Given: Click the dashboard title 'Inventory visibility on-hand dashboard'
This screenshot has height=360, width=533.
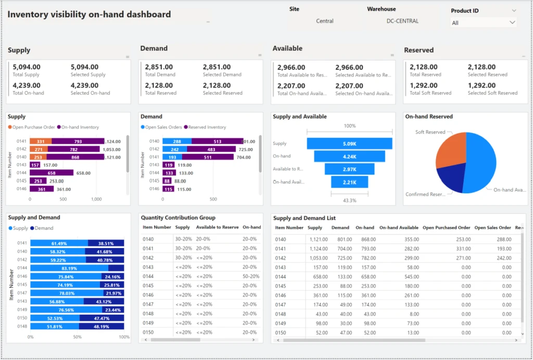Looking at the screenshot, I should pos(89,15).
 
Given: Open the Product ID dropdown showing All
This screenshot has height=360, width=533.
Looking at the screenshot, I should pos(483,23).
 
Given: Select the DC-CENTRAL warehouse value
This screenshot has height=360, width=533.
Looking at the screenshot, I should pos(402,21).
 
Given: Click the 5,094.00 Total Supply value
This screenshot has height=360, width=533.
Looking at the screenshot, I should pos(27,67).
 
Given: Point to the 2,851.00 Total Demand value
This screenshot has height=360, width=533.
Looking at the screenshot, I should pos(159,67).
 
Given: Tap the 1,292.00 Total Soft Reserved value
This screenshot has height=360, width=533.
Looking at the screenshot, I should pos(424,85).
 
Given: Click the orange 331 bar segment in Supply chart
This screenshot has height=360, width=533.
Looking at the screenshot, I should pos(41,141).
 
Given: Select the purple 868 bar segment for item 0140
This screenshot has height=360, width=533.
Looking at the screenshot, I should pos(75,157).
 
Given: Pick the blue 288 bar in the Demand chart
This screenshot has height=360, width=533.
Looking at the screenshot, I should pos(177,141).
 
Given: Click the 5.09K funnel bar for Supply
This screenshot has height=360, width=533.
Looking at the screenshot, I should pos(349,144).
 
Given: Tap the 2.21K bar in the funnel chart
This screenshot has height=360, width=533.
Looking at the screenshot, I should pos(349,182).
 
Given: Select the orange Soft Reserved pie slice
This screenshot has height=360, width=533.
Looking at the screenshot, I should pos(450,151).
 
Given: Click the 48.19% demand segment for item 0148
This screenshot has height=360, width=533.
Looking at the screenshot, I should pos(101,326).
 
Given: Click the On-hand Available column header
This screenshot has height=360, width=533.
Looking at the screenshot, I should pos(399,228).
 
